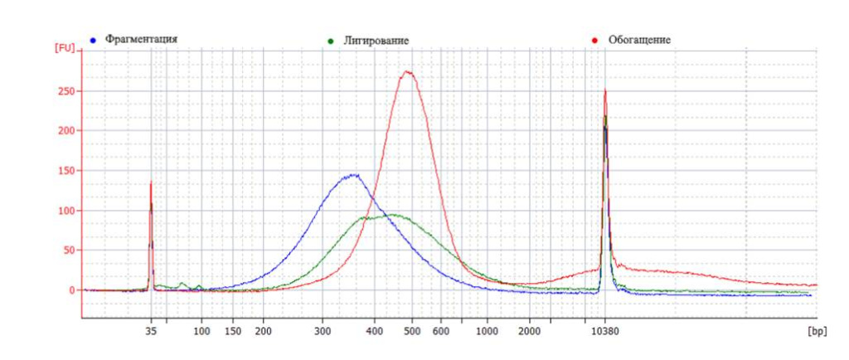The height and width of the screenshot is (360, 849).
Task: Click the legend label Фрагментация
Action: [142, 39]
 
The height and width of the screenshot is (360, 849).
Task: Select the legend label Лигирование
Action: [376, 41]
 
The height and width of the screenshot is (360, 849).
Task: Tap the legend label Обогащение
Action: [639, 39]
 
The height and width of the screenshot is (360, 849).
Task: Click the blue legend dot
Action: [94, 40]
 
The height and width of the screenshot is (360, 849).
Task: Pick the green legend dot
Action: [331, 41]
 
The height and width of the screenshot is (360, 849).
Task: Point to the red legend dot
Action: [595, 40]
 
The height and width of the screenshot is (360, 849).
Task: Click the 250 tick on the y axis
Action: [65, 91]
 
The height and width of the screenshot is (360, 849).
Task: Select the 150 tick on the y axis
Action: [65, 171]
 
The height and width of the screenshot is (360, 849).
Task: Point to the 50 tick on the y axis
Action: [68, 251]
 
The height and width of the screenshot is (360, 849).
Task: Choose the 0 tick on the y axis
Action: [71, 290]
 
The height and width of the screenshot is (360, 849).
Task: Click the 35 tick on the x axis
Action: [151, 330]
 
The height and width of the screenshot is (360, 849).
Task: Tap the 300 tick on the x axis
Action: [322, 330]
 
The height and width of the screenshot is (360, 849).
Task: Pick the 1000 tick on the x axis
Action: [488, 330]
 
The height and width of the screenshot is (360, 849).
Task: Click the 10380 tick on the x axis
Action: [605, 330]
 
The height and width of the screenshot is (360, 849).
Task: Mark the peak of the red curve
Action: [407, 71]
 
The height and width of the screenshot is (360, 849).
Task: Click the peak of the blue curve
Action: [354, 175]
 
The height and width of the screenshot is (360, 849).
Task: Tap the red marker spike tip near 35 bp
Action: [151, 182]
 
